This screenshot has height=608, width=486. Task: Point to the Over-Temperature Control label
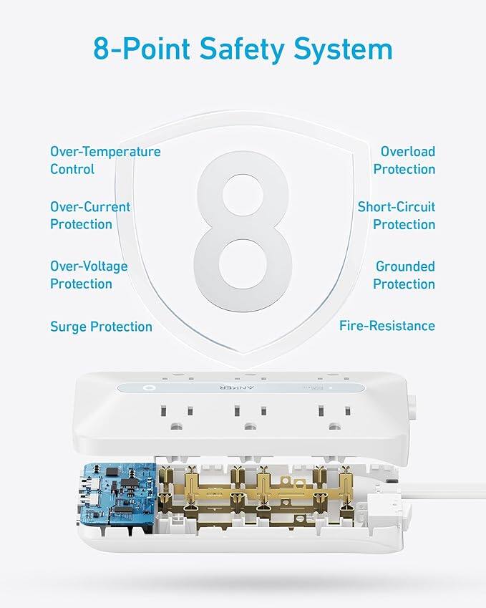coord(105,160)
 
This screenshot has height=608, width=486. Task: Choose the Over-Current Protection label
coord(90,216)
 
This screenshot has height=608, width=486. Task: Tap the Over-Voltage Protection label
coord(89,275)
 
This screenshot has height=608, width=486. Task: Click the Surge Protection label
coord(101,327)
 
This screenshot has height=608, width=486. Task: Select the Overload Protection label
coord(404,160)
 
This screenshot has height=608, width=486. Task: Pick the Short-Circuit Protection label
coord(397,216)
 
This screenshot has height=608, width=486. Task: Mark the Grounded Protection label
coord(404,275)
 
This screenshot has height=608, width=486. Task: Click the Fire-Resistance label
coord(387,326)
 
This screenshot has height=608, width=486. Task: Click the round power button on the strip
coord(150,388)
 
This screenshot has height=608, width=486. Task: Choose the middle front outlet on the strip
coord(248,415)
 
